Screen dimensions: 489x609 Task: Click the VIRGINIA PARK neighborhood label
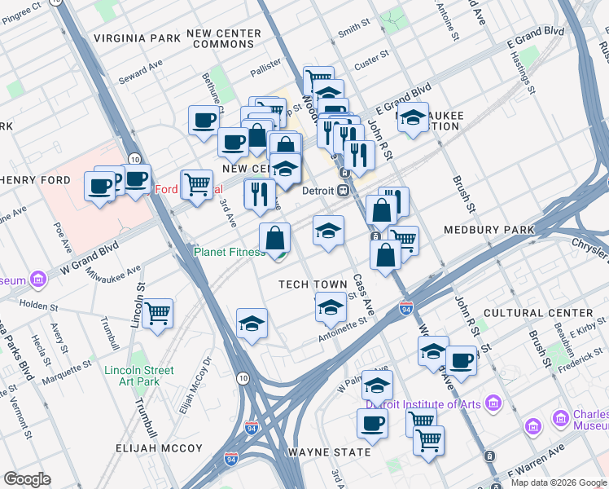tap(137, 38)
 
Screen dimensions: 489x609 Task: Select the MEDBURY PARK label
tap(489, 230)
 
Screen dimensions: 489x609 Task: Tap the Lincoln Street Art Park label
tap(139, 376)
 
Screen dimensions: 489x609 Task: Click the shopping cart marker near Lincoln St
tap(157, 312)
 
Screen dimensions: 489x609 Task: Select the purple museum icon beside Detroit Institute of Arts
tap(493, 403)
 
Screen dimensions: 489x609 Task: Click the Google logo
tap(27, 479)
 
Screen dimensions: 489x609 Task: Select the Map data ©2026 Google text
tap(558, 482)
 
